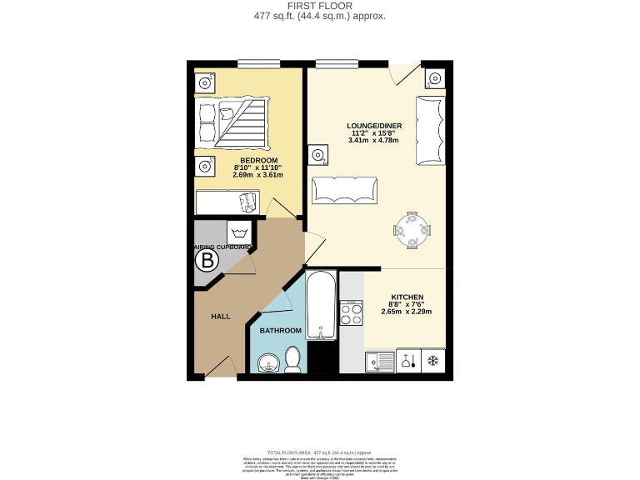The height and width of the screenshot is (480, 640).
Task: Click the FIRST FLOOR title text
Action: coord(319,7)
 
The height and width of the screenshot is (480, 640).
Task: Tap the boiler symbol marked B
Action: coord(207,262)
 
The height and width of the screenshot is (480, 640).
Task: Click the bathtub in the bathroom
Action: coord(321,304)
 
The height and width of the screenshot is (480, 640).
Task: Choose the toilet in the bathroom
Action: coord(292,360)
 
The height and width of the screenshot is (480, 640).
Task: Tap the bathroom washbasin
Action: coord(268,363)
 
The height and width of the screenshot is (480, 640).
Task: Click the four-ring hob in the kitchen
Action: coord(352,314)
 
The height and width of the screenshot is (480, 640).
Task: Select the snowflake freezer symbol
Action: coord(432,362)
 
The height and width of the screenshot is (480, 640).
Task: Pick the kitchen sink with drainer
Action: coord(380,362)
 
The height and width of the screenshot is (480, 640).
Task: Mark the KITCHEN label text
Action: coord(407,297)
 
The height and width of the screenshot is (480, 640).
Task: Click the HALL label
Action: coord(220,317)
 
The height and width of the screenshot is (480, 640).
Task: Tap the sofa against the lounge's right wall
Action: coord(431,129)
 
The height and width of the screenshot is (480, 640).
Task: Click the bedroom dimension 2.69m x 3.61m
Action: coord(257,175)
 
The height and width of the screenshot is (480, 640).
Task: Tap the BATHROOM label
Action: coord(280,331)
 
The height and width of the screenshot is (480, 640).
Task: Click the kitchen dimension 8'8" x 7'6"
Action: coord(407,305)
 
